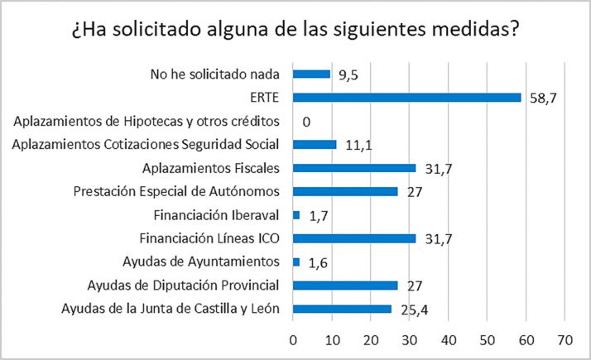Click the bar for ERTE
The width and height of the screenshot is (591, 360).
(407, 97)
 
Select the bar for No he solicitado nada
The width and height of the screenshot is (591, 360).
(312, 74)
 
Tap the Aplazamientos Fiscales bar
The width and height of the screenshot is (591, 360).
(355, 168)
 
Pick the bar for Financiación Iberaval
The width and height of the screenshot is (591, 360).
(297, 215)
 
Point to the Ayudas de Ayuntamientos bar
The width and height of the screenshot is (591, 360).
(297, 262)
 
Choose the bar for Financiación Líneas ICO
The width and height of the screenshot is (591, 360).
(355, 239)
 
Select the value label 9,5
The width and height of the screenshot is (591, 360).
(348, 74)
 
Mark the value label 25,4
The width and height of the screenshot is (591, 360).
(412, 311)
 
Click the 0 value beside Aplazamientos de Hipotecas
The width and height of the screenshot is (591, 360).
(306, 122)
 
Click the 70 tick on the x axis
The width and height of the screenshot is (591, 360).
(565, 340)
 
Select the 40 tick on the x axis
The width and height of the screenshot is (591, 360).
(449, 340)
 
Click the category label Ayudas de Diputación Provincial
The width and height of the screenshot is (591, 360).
(185, 286)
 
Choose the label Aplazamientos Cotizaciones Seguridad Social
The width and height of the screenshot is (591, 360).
(146, 145)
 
